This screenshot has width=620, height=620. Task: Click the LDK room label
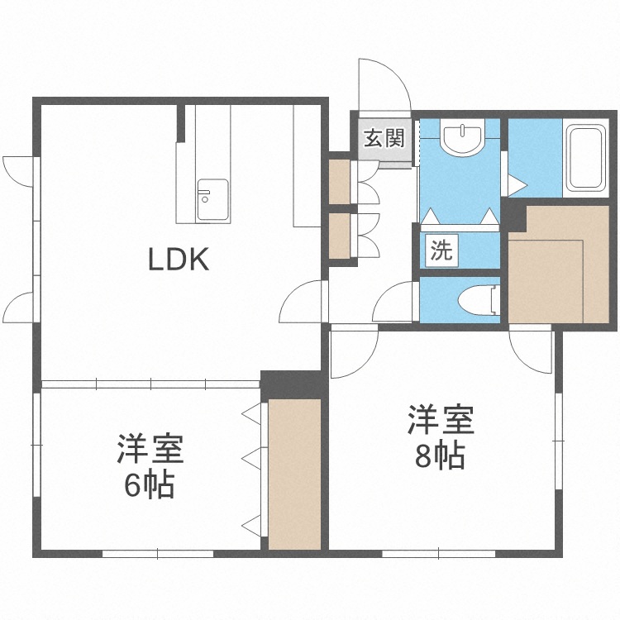tap(178, 260)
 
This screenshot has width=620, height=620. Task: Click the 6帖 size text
tap(149, 485)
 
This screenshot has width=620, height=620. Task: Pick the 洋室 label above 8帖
tap(440, 420)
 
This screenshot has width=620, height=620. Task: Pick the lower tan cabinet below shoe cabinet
tap(340, 236)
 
